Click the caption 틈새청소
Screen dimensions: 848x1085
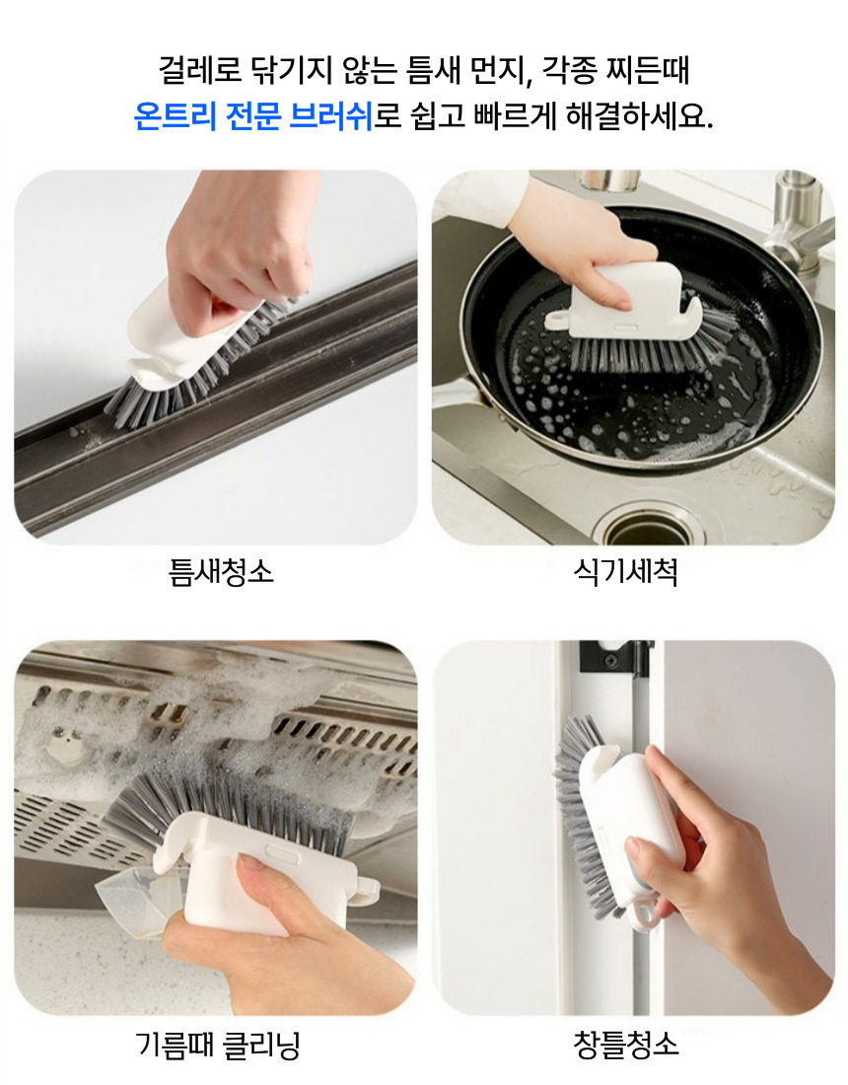click(221, 571)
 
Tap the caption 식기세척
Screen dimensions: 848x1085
click(625, 571)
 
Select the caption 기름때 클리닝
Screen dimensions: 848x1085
click(218, 1045)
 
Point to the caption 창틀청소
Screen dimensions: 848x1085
click(625, 1045)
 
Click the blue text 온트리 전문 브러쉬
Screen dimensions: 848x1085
click(253, 115)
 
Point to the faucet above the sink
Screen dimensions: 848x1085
click(796, 214)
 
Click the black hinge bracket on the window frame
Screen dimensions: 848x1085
click(615, 657)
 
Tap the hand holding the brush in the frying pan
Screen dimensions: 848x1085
click(581, 246)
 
